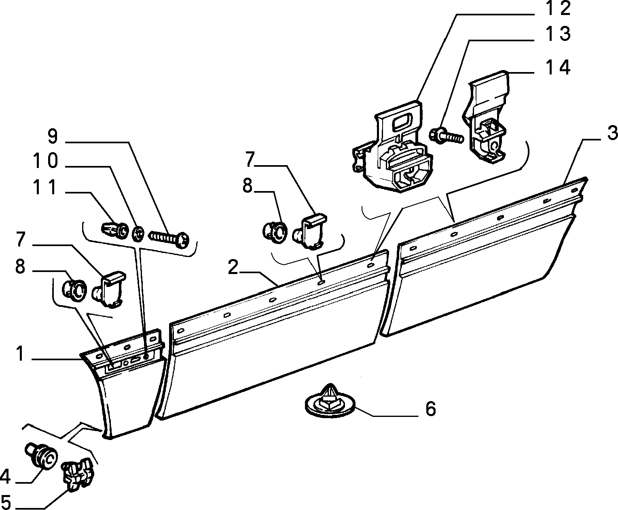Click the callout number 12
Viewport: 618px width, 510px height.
pyautogui.click(x=558, y=8)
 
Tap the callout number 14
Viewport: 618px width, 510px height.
pyautogui.click(x=558, y=68)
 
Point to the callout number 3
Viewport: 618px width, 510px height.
pyautogui.click(x=612, y=133)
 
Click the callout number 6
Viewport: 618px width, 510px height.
pyautogui.click(x=431, y=409)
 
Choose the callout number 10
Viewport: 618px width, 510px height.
pyautogui.click(x=45, y=161)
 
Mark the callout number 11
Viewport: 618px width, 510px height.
pyautogui.click(x=45, y=187)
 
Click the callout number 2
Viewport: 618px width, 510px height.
pyautogui.click(x=233, y=267)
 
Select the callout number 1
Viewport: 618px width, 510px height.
pyautogui.click(x=20, y=354)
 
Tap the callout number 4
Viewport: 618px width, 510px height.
pyautogui.click(x=5, y=477)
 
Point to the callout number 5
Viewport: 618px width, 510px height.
pyautogui.click(x=6, y=502)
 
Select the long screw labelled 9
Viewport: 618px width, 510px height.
pyautogui.click(x=168, y=235)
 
